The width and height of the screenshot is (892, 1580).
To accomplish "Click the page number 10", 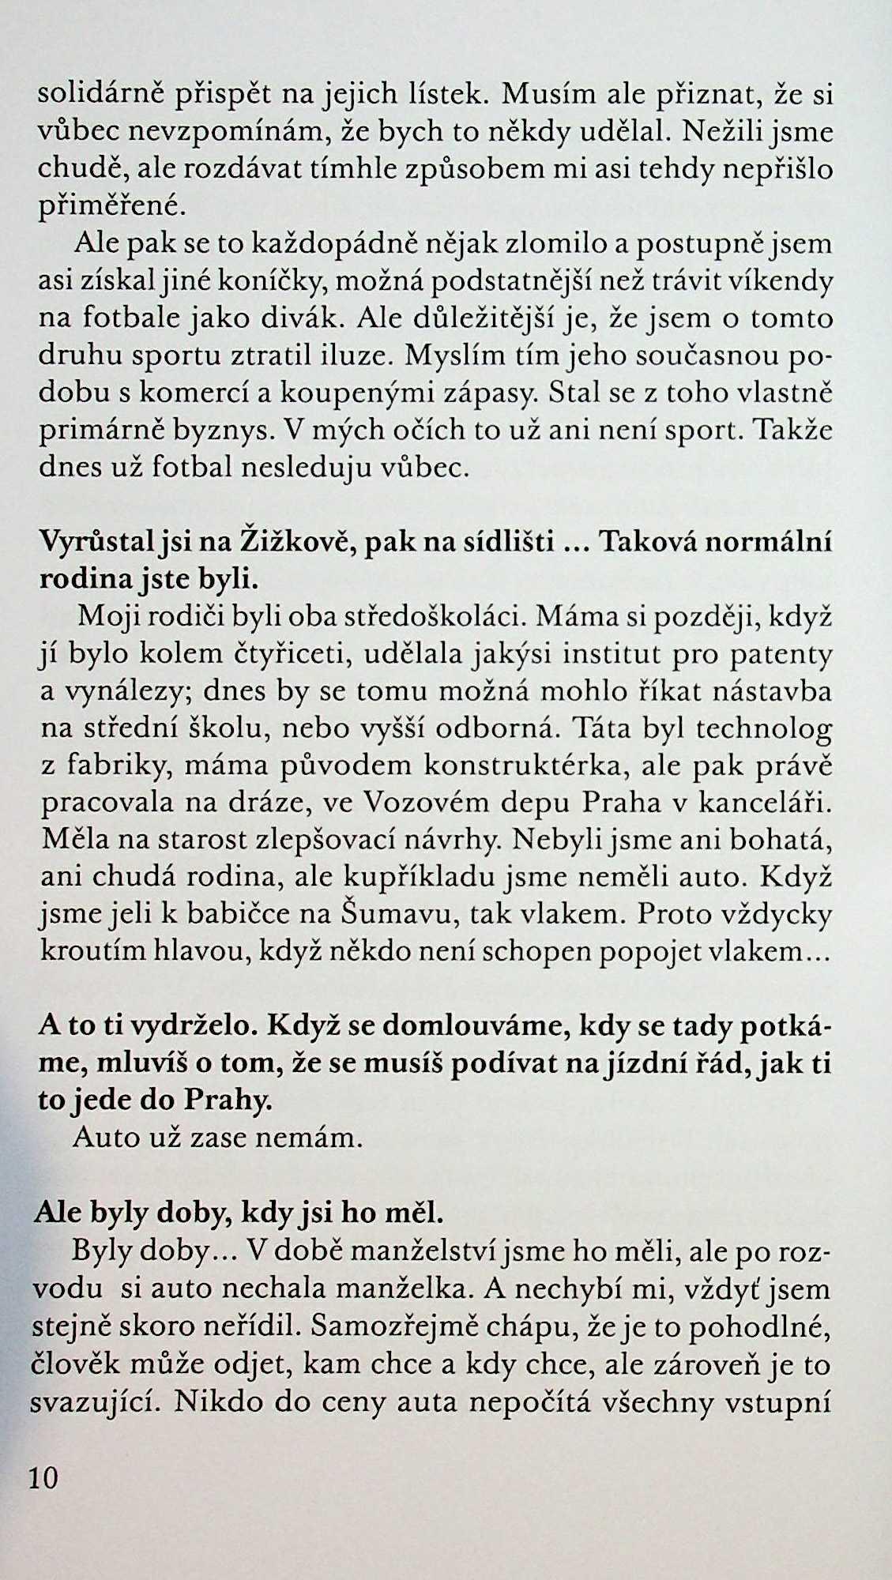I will click(44, 1477).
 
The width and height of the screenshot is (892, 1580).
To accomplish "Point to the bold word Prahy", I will click(230, 1103).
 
